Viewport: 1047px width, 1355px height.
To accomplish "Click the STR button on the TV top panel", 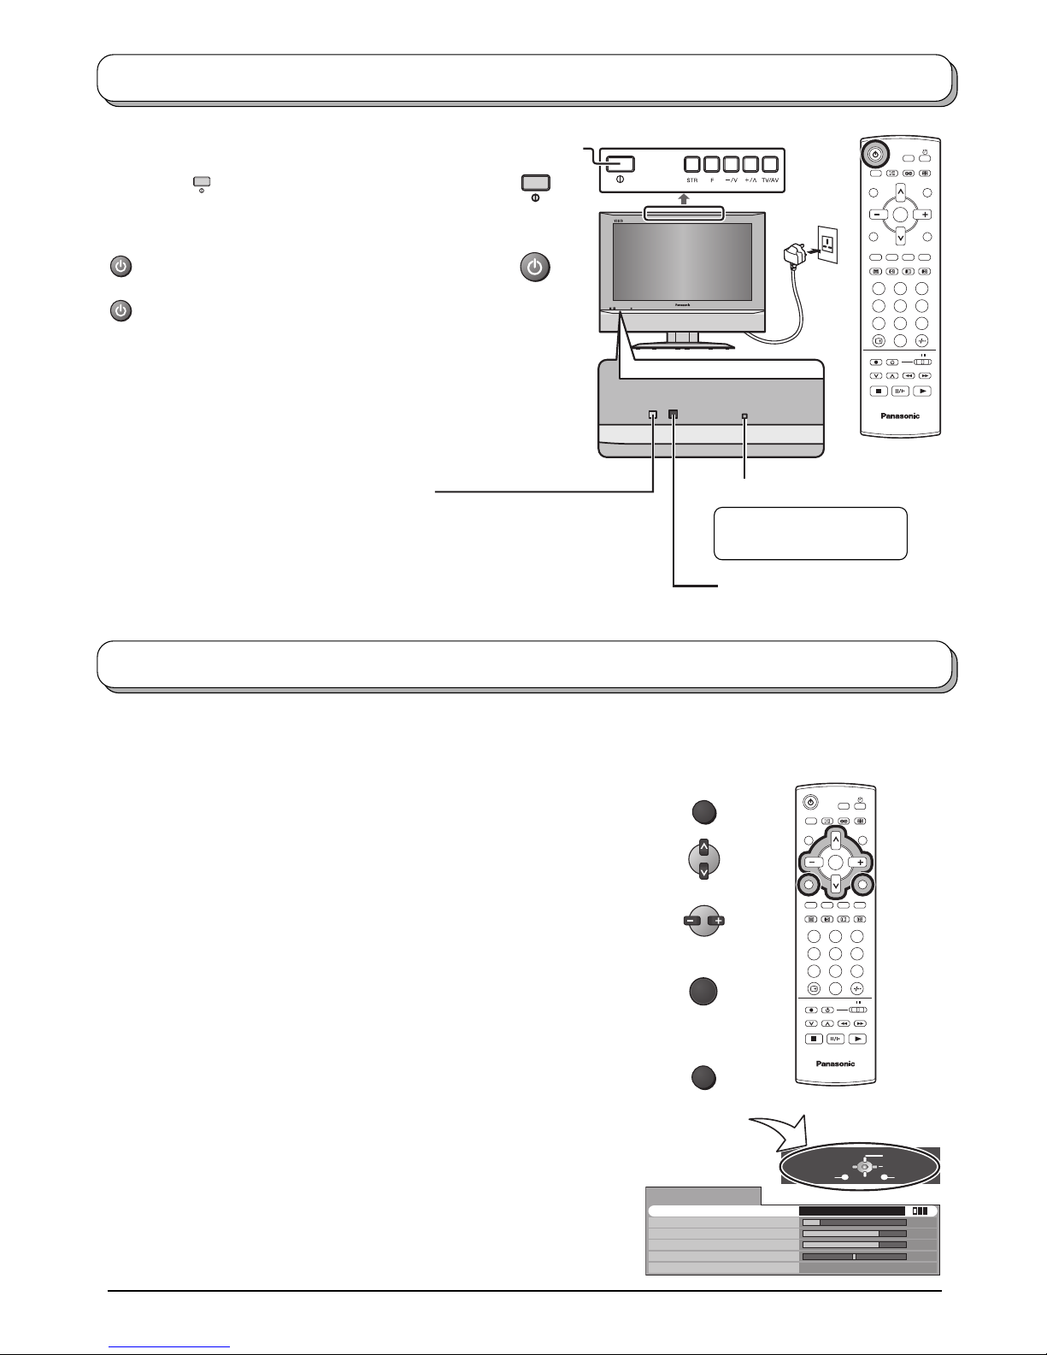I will [x=692, y=164].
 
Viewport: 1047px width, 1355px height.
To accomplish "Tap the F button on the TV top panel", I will [x=712, y=164].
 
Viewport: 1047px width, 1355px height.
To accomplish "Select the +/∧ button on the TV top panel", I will [x=751, y=164].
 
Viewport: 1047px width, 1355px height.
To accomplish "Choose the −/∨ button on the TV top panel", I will [x=732, y=164].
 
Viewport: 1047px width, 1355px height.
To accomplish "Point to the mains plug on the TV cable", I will [x=794, y=255].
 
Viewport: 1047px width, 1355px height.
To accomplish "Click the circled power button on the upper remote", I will [x=874, y=156].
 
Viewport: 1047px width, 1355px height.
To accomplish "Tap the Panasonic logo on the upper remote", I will [x=899, y=416].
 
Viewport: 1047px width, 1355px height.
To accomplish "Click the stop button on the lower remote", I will [x=815, y=1039].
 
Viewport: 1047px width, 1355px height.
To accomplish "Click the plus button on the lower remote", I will [x=861, y=863].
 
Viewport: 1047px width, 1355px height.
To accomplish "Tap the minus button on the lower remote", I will [x=811, y=863].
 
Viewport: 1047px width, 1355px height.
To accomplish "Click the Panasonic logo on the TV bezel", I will [x=677, y=304].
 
